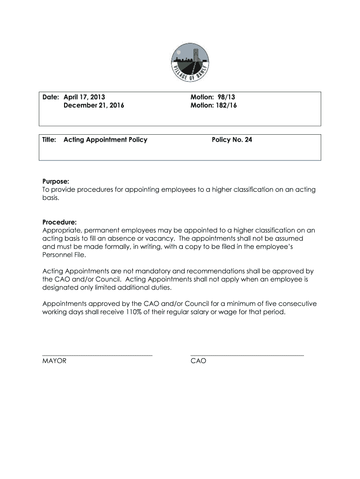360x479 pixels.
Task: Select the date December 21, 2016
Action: coord(94,106)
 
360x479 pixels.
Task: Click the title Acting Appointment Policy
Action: coord(105,139)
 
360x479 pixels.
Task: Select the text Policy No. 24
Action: coord(232,139)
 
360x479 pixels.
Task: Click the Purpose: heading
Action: coord(56,181)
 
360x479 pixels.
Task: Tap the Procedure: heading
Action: coord(59,222)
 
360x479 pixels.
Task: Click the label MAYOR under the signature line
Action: coord(54,361)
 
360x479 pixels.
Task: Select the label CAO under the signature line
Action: coord(198,361)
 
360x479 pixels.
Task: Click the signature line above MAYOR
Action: coord(97,356)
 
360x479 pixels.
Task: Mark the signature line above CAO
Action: coord(247,356)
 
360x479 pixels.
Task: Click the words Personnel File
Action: coord(64,255)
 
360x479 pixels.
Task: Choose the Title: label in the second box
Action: coord(50,139)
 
